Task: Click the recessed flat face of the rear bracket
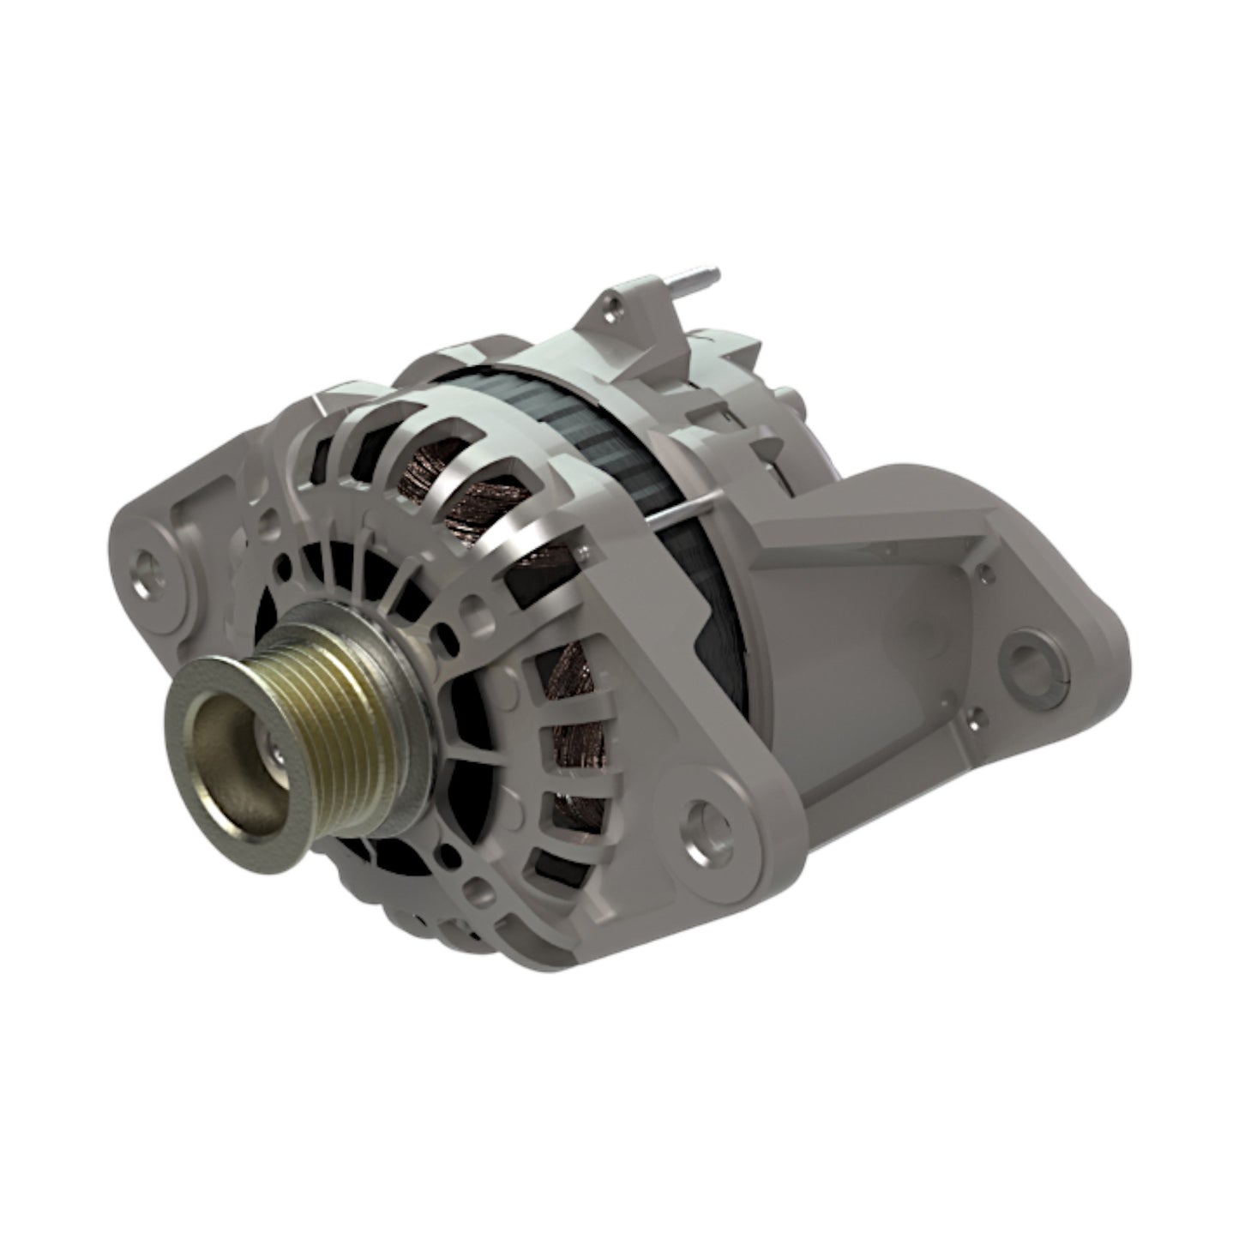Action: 883,617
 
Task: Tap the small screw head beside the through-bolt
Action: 586,546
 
